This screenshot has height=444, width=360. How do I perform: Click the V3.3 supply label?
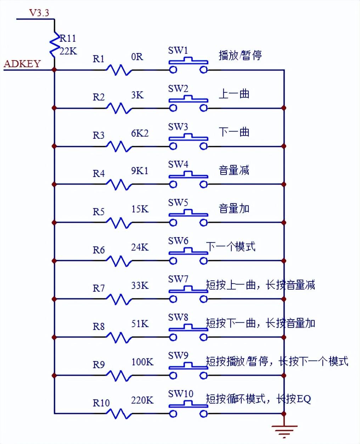(x=39, y=13)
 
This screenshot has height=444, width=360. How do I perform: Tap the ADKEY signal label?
(x=22, y=64)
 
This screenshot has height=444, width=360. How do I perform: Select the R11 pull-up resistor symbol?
(x=54, y=45)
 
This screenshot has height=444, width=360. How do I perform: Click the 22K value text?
(x=68, y=51)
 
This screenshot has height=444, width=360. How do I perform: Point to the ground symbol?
(x=284, y=430)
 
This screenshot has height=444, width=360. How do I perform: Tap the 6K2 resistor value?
(x=140, y=133)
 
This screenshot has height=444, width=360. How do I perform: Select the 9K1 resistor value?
(x=140, y=171)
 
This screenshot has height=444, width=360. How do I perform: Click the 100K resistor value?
(x=142, y=362)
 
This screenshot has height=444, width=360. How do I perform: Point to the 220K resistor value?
(x=142, y=400)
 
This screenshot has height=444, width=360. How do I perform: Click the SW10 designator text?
(x=180, y=394)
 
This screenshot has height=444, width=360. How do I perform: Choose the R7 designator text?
(x=99, y=288)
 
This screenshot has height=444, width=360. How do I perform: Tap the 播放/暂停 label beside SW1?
(x=240, y=56)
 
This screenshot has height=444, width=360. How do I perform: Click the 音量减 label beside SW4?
(x=234, y=170)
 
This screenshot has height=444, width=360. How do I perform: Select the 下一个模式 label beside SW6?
(x=231, y=246)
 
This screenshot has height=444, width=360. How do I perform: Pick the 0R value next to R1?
(x=137, y=57)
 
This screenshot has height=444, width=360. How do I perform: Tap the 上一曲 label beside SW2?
(x=234, y=94)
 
